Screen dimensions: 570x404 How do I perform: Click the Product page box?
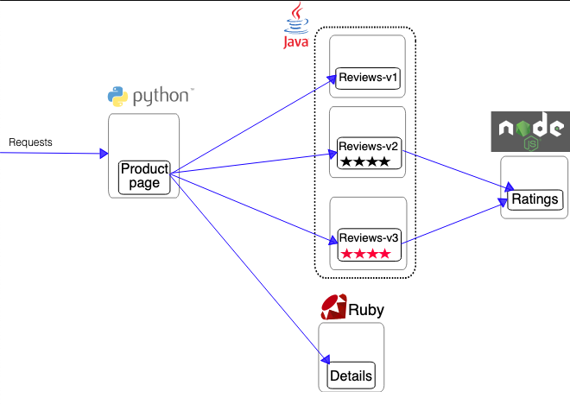tap(144, 177)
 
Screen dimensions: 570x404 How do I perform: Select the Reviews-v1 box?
tap(368, 78)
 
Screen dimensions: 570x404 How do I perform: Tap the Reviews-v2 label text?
tap(368, 147)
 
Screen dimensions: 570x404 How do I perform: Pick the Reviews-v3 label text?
tap(369, 238)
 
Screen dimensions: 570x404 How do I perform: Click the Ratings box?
tap(535, 199)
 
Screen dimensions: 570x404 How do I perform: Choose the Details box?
tap(351, 376)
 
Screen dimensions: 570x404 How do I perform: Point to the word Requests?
tap(30, 142)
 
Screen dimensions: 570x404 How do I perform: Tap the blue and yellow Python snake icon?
tap(117, 97)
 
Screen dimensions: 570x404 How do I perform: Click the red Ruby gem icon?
tap(333, 307)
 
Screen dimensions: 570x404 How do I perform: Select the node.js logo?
tap(530, 131)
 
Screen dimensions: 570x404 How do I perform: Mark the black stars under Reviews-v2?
tap(365, 161)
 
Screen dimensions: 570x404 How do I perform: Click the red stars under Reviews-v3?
tap(365, 254)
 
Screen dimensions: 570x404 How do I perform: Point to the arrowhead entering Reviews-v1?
tap(332, 79)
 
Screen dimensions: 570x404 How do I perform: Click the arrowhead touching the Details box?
tap(326, 359)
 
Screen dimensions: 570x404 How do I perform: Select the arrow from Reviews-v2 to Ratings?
tap(458, 170)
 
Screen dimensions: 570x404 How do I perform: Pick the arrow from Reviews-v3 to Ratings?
tap(454, 222)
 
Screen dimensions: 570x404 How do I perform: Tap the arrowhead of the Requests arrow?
tap(104, 154)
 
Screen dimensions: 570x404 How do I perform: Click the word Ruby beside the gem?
tap(366, 310)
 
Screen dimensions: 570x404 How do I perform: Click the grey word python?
tap(161, 97)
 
